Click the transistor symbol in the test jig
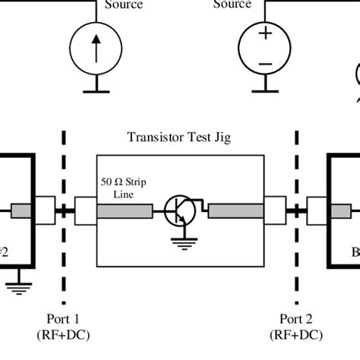click(178, 210)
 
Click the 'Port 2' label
click(294, 318)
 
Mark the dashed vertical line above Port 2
click(294, 167)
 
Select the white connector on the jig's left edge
click(85, 210)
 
